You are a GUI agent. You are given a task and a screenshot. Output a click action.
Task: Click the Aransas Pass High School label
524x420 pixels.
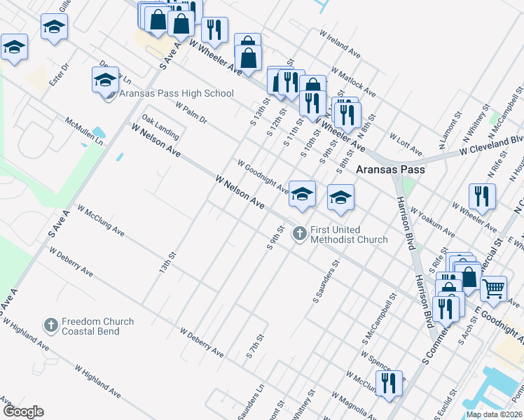177,93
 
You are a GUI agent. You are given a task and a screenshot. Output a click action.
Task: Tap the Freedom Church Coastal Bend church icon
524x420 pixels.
50,325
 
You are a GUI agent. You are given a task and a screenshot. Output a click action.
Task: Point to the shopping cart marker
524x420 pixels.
494,288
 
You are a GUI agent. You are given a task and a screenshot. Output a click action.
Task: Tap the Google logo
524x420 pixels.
22,412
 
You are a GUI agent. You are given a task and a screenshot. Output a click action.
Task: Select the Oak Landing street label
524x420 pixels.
160,126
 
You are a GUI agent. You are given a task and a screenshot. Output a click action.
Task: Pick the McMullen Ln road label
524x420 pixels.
84,131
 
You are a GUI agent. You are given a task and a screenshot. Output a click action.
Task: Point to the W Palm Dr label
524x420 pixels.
191,113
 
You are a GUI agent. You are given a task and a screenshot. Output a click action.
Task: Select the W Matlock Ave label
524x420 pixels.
354,83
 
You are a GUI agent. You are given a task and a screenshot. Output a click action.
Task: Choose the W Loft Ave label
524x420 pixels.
406,145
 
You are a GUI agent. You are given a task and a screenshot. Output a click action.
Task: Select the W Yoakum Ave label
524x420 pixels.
434,222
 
